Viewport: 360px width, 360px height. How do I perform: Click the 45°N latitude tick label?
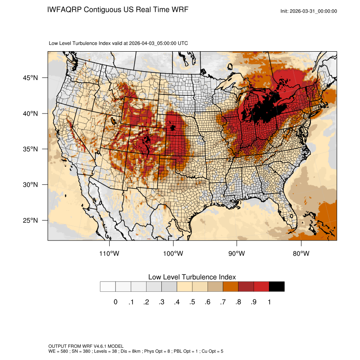[x=30, y=78]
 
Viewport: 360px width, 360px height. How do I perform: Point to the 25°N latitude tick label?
[x=30, y=220]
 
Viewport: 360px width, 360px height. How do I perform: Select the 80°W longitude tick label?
[x=301, y=253]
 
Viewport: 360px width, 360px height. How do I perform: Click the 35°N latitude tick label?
[x=30, y=149]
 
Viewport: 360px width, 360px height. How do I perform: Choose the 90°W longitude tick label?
[x=237, y=253]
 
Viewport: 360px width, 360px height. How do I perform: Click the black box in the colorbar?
[x=277, y=287]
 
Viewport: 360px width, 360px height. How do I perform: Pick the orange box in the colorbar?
[x=230, y=287]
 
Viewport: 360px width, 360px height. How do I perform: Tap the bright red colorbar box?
[x=261, y=287]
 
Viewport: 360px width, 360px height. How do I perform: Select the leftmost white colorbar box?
[x=108, y=287]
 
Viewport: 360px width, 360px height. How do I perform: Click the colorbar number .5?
[x=192, y=302]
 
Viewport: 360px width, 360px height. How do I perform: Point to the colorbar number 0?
[x=115, y=302]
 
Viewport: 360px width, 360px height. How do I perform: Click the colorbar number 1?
[x=269, y=302]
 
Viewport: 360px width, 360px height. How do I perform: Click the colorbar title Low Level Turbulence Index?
[x=192, y=277]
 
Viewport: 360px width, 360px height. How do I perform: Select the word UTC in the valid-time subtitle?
[x=183, y=43]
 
